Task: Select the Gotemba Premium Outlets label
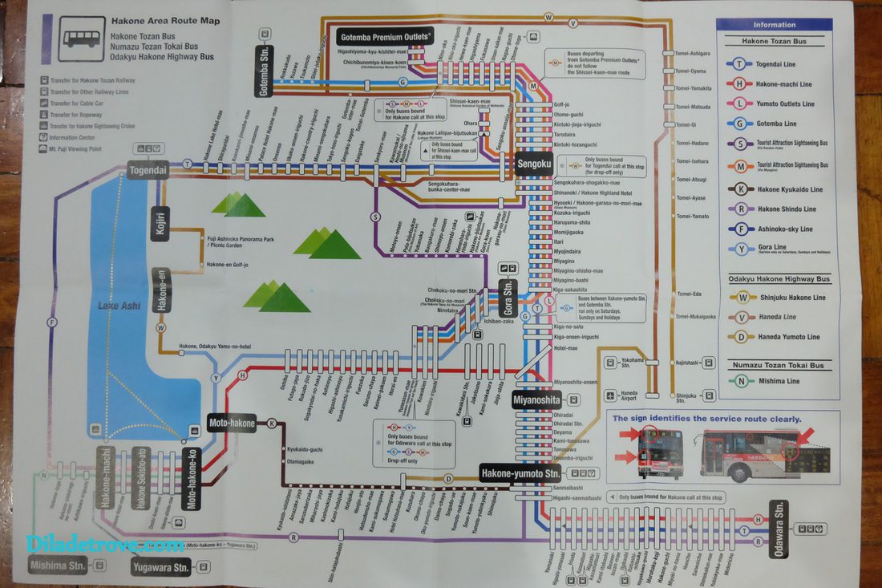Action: click(x=386, y=37)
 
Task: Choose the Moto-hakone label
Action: click(x=232, y=423)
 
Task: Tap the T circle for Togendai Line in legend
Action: click(x=738, y=64)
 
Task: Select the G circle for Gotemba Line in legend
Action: click(x=738, y=124)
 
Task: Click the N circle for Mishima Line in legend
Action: click(x=738, y=381)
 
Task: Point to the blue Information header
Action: click(x=775, y=25)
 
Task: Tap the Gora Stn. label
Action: click(x=507, y=298)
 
